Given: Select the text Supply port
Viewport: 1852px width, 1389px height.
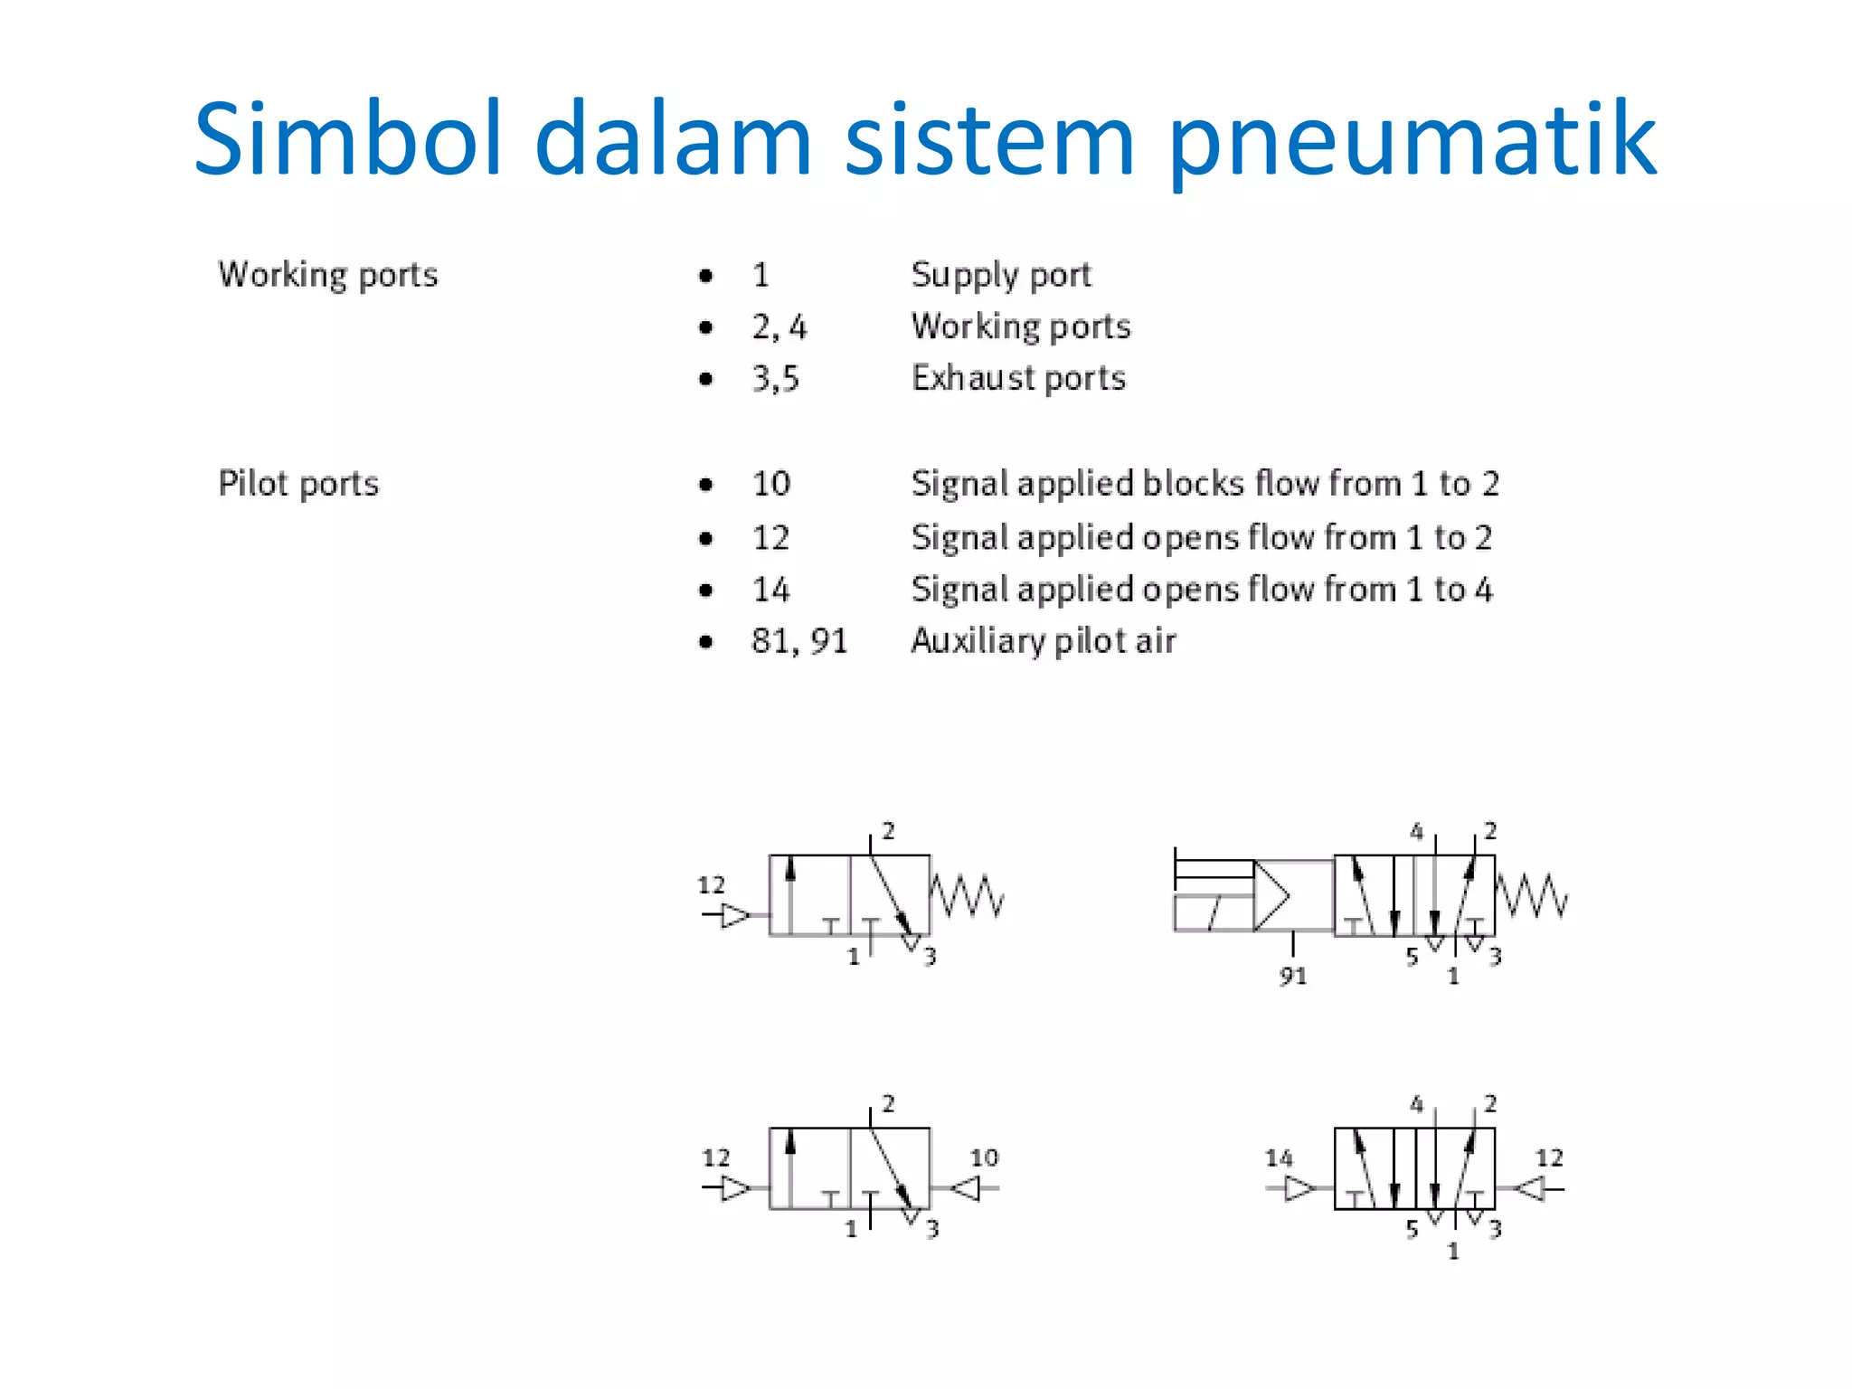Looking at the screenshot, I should click(1001, 274).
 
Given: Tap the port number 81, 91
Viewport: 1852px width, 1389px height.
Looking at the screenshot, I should click(799, 641).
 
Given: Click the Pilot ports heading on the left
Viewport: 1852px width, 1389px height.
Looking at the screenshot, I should click(298, 484).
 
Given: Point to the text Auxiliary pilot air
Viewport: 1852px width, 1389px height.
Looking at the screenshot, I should click(1043, 641).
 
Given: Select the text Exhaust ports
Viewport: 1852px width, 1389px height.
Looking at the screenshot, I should click(1018, 378).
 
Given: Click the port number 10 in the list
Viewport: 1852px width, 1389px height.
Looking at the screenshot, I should click(770, 484).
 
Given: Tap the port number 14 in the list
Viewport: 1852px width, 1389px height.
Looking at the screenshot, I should click(770, 590).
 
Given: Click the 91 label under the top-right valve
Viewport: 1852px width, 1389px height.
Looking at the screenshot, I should click(1292, 976).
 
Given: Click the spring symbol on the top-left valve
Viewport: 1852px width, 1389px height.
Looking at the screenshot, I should click(967, 895).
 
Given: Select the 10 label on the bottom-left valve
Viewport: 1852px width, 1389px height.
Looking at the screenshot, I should click(984, 1157).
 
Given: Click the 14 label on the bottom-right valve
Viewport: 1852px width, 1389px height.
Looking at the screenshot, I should click(1279, 1157).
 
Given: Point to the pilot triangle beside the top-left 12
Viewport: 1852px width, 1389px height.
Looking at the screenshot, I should click(735, 916).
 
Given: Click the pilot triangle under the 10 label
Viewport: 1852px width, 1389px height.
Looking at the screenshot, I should click(967, 1188).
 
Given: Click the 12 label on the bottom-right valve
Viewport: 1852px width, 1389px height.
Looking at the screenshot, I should click(1549, 1157).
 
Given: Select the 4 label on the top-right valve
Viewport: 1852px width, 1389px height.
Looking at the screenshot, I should click(1416, 831).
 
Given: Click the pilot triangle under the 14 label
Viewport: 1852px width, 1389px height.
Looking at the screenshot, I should click(1299, 1188).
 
